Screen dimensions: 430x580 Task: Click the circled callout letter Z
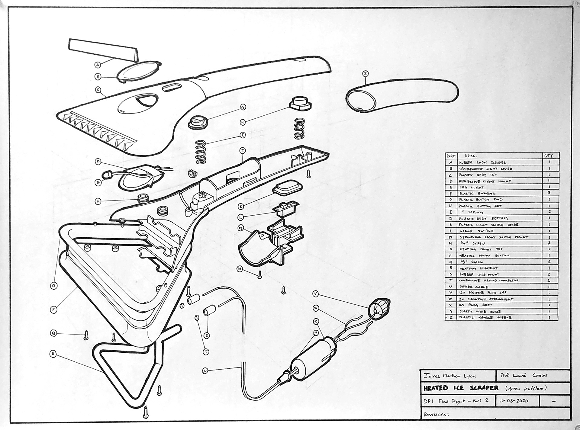pos(365,73)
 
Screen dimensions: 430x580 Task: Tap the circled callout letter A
pos(98,65)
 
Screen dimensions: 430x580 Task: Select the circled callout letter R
pos(53,354)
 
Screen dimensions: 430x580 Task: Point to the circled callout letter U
pos(205,371)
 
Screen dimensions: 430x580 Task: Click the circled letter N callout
pos(240,269)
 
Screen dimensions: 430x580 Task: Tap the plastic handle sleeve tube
pos(402,95)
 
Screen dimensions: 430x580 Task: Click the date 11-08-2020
pos(514,401)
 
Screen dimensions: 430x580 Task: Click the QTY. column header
pos(549,156)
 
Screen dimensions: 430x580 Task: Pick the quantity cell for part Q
pos(549,262)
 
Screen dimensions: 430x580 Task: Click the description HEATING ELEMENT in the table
pos(478,268)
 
